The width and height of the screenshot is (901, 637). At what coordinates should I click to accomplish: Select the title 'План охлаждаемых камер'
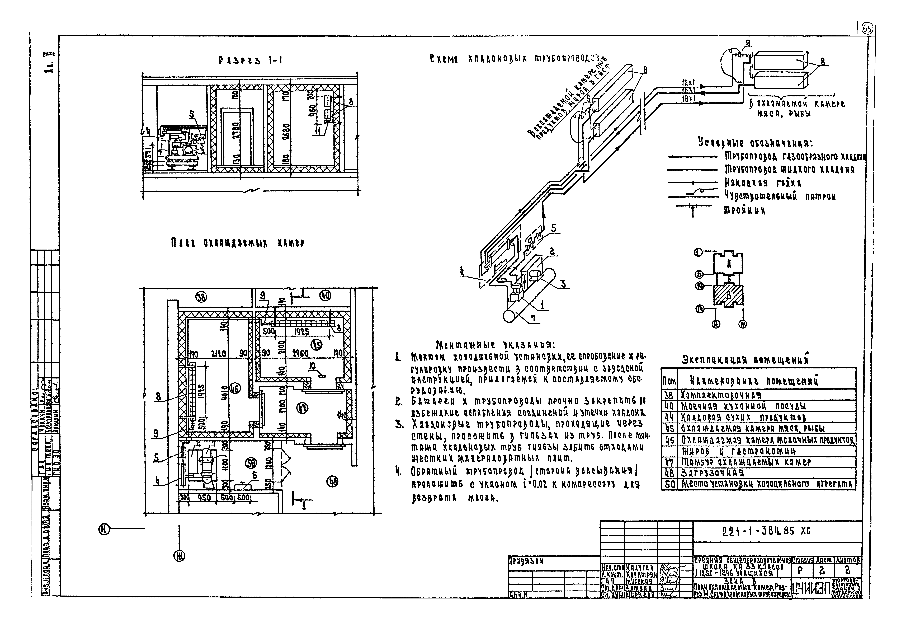[238, 244]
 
